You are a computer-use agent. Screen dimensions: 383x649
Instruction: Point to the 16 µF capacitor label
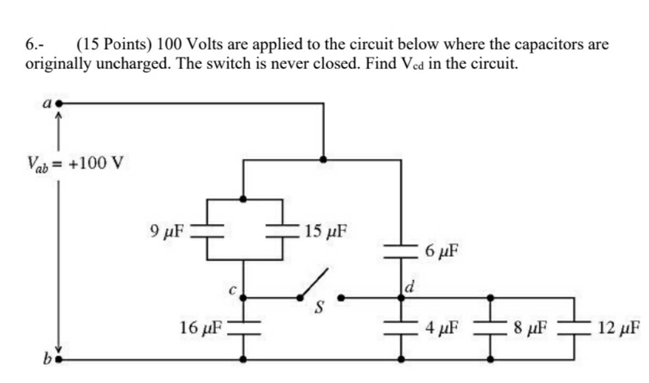pos(200,327)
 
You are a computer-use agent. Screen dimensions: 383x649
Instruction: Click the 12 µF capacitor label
pos(618,327)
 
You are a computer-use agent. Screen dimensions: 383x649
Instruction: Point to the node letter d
pos(409,289)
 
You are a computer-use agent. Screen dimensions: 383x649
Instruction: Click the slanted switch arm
pos(315,283)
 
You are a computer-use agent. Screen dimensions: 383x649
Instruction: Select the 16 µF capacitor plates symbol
pos(243,327)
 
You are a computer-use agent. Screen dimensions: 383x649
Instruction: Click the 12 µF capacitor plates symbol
pos(574,327)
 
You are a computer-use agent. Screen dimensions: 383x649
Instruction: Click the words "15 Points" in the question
pos(115,45)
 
